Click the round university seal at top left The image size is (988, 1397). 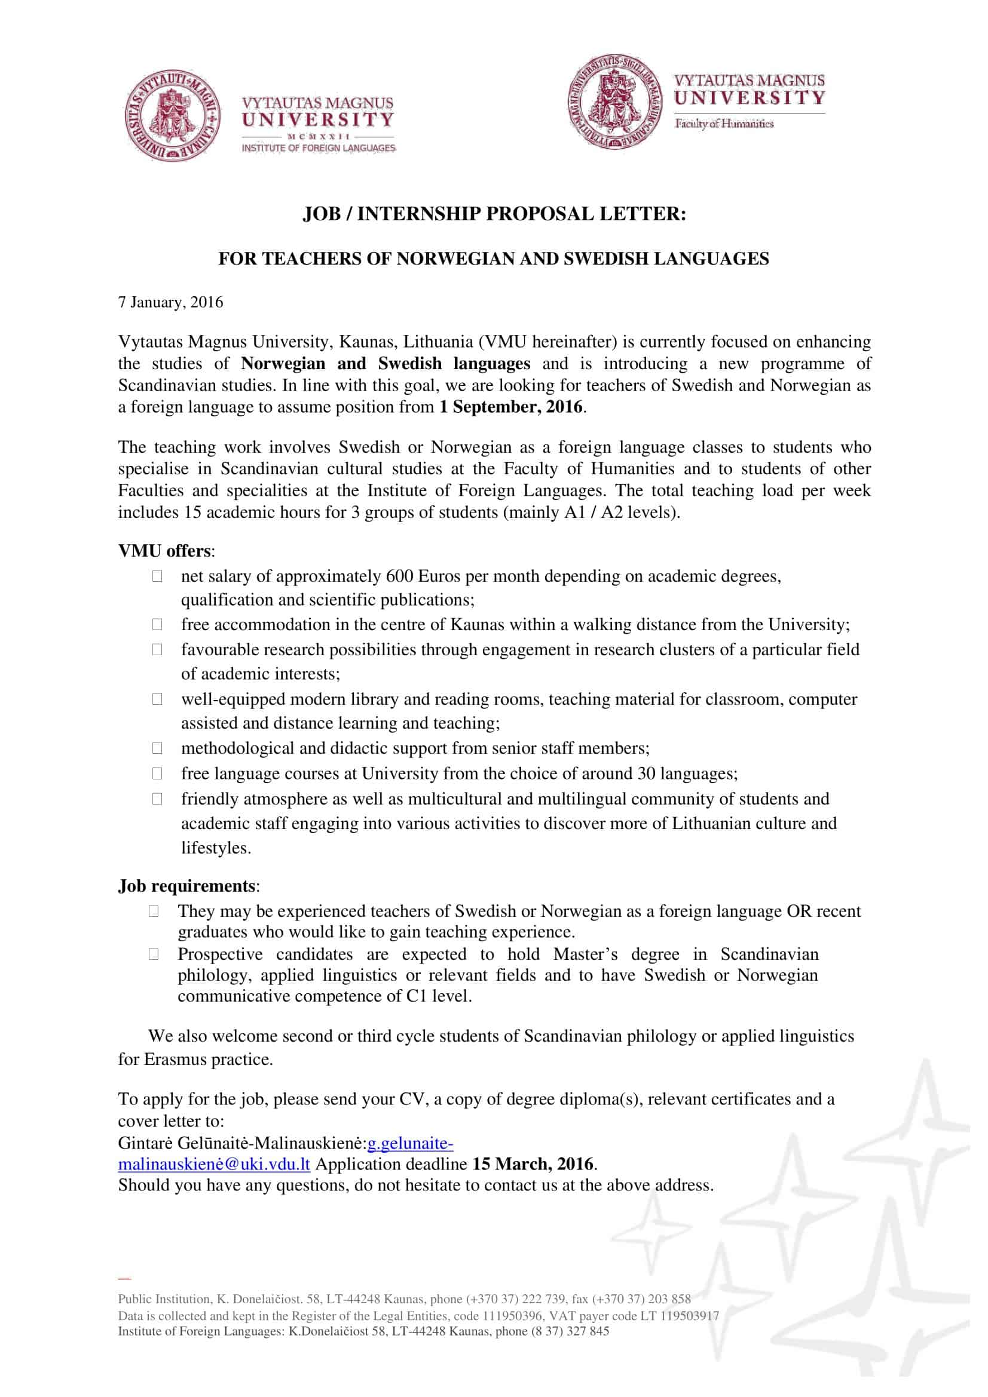pyautogui.click(x=174, y=116)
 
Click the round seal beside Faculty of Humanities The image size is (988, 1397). pyautogui.click(x=616, y=102)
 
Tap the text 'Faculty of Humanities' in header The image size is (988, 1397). pyautogui.click(x=723, y=124)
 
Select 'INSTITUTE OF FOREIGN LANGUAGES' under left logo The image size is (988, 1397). pyautogui.click(x=319, y=148)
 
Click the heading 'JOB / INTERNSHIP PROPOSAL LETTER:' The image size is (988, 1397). pyautogui.click(x=494, y=214)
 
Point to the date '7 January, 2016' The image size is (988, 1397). pyautogui.click(x=170, y=302)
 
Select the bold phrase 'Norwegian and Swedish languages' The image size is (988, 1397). pyautogui.click(x=386, y=364)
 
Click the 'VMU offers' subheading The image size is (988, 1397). pyautogui.click(x=164, y=551)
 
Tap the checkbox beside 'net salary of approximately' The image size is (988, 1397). pyautogui.click(x=158, y=576)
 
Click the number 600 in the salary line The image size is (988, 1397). pyautogui.click(x=400, y=576)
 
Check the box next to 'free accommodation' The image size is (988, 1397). pyautogui.click(x=158, y=624)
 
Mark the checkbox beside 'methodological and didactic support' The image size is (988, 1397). pyautogui.click(x=158, y=748)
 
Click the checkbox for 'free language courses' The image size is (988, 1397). pyautogui.click(x=158, y=773)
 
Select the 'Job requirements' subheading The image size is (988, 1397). pyautogui.click(x=186, y=885)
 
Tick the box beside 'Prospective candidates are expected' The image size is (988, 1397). pyautogui.click(x=154, y=953)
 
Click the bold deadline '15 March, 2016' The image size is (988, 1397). pyautogui.click(x=533, y=1164)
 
